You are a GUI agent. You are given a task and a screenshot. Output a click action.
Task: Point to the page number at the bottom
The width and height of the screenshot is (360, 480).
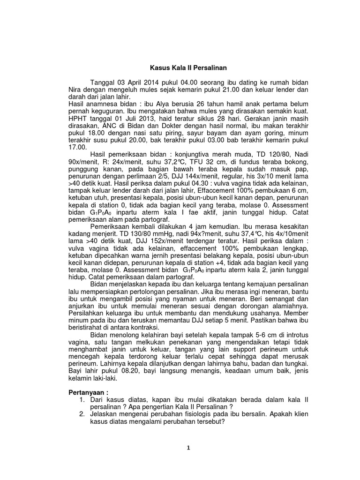187,448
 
